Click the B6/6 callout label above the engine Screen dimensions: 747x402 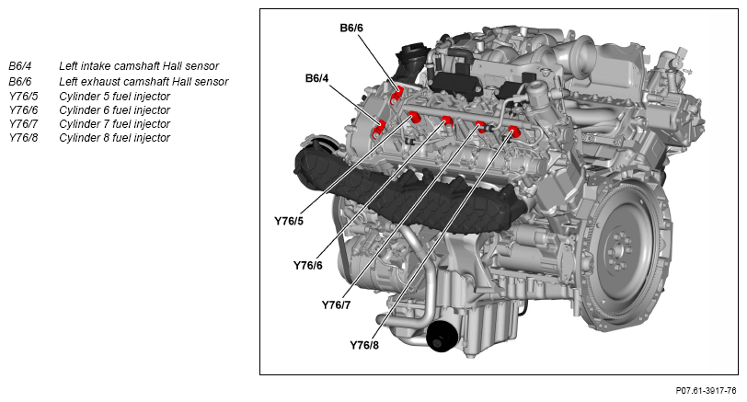(351, 29)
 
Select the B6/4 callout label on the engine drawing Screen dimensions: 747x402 (316, 78)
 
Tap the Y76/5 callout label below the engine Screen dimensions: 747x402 (289, 221)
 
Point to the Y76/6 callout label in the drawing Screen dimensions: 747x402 (308, 265)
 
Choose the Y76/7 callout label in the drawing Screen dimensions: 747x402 (336, 304)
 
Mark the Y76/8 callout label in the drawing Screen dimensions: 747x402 (364, 345)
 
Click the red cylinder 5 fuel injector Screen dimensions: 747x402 (415, 117)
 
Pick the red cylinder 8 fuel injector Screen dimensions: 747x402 (513, 131)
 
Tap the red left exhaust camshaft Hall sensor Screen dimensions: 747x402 (396, 96)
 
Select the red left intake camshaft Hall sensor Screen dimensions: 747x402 (379, 129)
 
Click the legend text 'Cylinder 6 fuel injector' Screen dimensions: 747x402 (114, 110)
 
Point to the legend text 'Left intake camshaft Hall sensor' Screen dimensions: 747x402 (139, 66)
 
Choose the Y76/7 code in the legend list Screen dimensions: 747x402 (23, 124)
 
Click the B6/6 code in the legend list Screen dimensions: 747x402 (20, 82)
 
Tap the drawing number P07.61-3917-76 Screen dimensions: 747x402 (706, 391)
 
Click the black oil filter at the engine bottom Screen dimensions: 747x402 (442, 337)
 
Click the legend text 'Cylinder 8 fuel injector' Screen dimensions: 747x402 (114, 138)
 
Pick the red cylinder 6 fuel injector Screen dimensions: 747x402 (447, 121)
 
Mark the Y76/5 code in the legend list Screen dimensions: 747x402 (23, 97)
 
